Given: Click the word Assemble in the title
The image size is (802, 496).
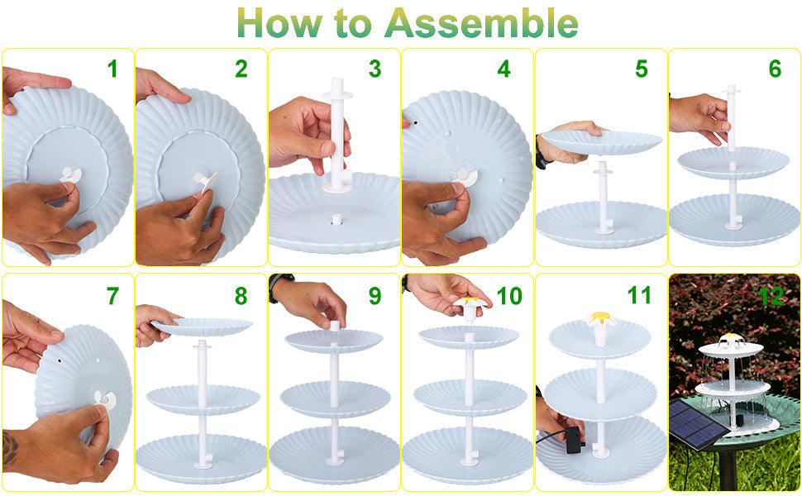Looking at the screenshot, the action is click(x=482, y=23).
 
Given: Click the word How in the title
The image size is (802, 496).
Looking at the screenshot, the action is click(x=279, y=23).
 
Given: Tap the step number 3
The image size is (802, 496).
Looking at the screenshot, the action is click(x=375, y=69).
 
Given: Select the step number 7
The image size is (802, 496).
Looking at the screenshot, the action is click(x=112, y=296).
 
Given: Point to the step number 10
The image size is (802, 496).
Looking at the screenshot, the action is click(x=509, y=296).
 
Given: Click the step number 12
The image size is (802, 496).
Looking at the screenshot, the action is click(x=772, y=296).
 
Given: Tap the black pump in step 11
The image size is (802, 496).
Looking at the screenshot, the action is click(x=575, y=441).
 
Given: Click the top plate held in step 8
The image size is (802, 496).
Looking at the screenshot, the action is click(x=203, y=327).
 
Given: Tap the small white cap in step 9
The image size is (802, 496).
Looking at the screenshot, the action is click(x=335, y=326).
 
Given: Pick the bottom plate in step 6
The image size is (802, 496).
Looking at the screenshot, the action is click(x=734, y=220).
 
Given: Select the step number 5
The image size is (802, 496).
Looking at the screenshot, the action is click(x=642, y=69).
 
